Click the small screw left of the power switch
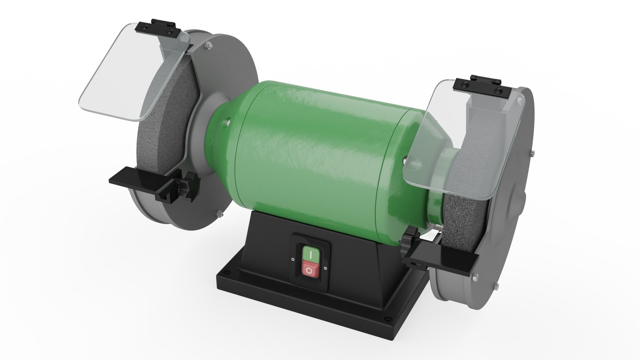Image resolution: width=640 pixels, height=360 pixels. tap(292, 259)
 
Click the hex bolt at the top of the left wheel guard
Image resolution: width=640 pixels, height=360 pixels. tap(209, 45)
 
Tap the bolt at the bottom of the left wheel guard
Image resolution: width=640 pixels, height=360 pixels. tap(220, 214)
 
